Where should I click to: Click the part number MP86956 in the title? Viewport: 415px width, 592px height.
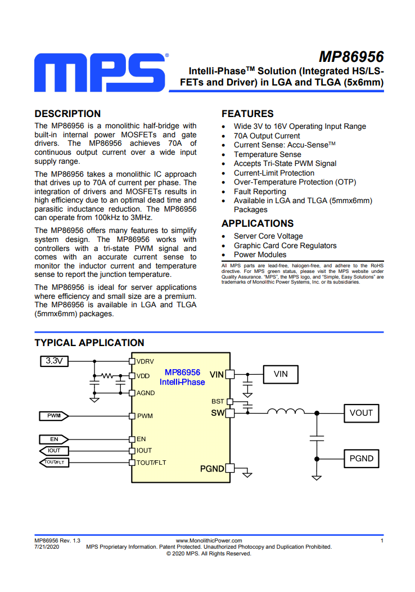click(351, 57)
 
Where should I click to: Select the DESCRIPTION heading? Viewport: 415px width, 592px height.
click(67, 114)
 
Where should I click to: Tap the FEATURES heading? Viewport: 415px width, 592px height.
click(247, 114)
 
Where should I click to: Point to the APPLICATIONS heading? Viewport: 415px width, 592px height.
click(258, 223)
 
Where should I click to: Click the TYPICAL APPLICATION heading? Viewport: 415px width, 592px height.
click(89, 343)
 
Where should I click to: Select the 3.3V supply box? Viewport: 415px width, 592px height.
click(55, 361)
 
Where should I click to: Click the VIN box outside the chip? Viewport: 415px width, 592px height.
click(281, 374)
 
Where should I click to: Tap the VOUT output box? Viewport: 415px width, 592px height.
click(361, 413)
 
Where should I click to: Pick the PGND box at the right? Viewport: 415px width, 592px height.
click(361, 459)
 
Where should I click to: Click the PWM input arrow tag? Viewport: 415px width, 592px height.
click(54, 416)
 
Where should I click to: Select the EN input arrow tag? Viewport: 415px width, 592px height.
click(54, 439)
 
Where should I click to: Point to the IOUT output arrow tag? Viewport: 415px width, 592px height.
click(54, 451)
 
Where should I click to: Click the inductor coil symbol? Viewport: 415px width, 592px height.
click(286, 411)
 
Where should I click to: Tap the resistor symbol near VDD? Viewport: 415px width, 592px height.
click(107, 376)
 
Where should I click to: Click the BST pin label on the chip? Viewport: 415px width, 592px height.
click(218, 401)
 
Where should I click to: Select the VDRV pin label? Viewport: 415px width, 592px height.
click(145, 361)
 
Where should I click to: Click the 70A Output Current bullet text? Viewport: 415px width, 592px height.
click(267, 136)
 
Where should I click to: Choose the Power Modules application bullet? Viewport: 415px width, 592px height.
click(260, 255)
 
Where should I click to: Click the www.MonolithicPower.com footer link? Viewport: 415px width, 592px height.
click(209, 541)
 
